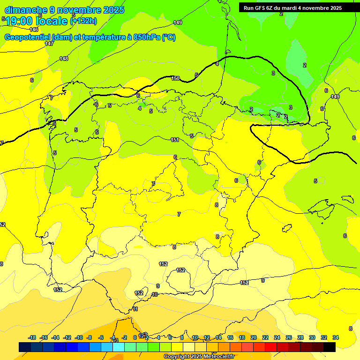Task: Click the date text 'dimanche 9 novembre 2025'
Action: [64, 10]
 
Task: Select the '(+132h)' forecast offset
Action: [83, 21]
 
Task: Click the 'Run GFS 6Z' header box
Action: [292, 7]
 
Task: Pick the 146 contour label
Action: [34, 30]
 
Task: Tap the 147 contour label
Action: [49, 44]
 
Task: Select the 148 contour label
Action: [64, 59]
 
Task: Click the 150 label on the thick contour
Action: [175, 78]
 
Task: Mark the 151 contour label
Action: [175, 140]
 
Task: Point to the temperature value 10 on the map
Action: [155, 294]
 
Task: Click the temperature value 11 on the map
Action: [135, 309]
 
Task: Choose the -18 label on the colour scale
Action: [32, 337]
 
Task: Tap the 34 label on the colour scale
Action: [336, 337]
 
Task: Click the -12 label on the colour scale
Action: [67, 337]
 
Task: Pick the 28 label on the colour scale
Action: [300, 337]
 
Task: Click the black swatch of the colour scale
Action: [330, 347]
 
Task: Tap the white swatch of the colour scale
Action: [189, 347]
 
